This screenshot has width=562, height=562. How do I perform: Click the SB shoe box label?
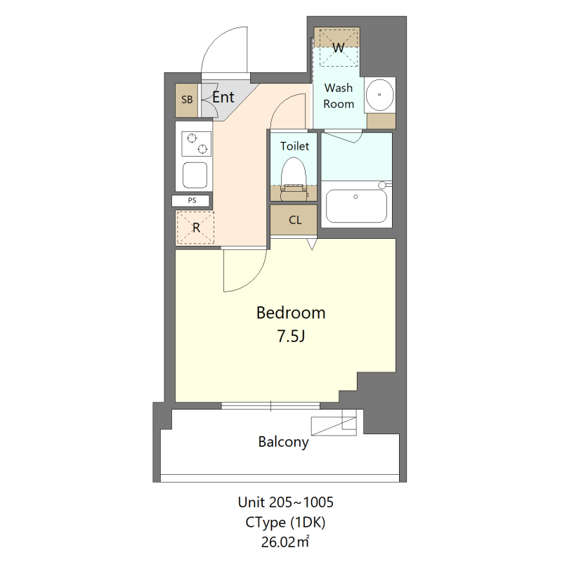coord(187,100)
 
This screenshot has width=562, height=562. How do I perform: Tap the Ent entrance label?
coord(223,98)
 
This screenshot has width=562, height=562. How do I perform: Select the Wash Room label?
coord(339,96)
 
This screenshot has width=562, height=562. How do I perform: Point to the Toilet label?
coord(294,146)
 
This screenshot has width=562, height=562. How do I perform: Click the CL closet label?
coord(295,220)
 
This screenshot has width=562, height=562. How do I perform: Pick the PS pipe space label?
coord(192,200)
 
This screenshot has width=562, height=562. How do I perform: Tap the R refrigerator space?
coord(195,228)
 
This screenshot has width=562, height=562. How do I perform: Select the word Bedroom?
coord(290,313)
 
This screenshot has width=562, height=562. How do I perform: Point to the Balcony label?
coord(283,442)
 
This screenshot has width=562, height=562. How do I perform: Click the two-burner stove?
coord(196,143)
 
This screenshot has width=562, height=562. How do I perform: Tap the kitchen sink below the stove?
coord(195,174)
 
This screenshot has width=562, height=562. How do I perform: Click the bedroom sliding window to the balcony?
coord(270,405)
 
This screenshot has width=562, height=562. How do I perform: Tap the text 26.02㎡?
coord(285,542)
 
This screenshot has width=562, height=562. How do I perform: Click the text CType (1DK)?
coord(285,522)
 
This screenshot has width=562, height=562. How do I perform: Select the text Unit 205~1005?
coord(285,502)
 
